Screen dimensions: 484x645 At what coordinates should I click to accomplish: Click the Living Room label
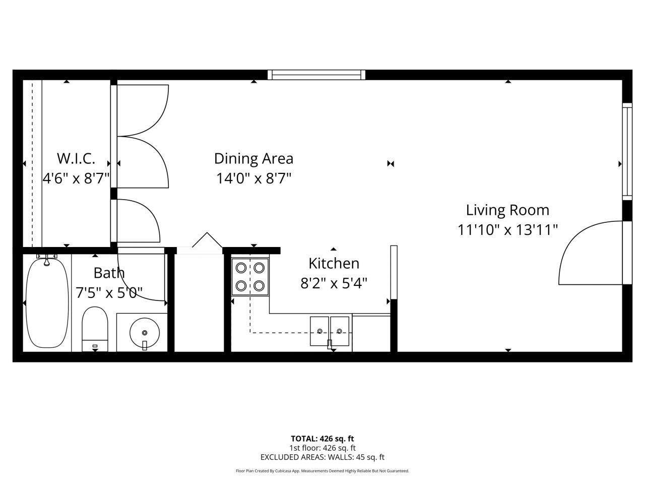(x=507, y=210)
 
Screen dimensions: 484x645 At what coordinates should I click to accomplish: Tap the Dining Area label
(x=253, y=158)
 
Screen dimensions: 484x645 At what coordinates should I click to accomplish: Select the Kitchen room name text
(x=334, y=263)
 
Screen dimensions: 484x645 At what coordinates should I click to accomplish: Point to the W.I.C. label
(x=76, y=158)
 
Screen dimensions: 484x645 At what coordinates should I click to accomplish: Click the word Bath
(x=109, y=273)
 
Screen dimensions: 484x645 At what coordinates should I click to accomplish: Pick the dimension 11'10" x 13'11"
(x=507, y=230)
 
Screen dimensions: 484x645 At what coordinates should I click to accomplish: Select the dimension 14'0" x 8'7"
(x=254, y=178)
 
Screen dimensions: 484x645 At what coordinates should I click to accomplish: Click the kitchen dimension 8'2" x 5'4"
(x=334, y=283)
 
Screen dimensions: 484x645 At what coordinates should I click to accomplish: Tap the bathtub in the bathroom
(x=47, y=302)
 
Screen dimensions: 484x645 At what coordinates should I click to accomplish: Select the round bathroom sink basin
(x=145, y=332)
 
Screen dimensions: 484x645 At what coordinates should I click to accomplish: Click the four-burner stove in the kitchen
(x=250, y=276)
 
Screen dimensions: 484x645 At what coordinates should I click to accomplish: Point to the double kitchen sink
(x=330, y=331)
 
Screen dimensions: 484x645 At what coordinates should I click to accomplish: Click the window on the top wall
(x=316, y=75)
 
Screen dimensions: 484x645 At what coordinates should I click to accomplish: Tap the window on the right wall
(x=627, y=151)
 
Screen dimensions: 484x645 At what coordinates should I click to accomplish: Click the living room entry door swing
(x=590, y=255)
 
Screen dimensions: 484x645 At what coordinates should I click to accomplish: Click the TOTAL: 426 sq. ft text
(x=322, y=439)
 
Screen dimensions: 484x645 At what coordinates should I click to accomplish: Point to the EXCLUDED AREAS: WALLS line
(x=322, y=457)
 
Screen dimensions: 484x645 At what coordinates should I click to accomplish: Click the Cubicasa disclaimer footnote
(x=322, y=471)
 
